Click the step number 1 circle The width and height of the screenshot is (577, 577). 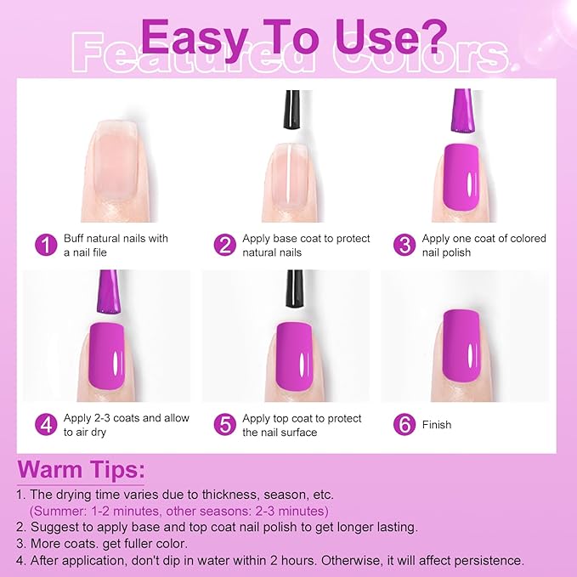coord(45,246)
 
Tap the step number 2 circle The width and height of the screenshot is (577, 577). coord(224,246)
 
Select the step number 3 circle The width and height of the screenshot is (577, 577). coord(404,246)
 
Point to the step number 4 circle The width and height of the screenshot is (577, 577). coord(45,425)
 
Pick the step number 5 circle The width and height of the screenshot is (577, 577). coord(224,425)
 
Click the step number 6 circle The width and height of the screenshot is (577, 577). coord(404,425)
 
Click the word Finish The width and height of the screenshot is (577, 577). coord(437,425)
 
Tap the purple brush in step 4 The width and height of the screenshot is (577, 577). coord(108,293)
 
